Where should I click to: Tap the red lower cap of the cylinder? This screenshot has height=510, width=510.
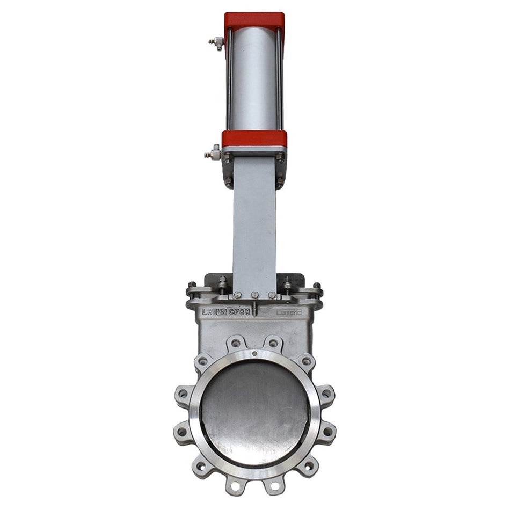[254, 139]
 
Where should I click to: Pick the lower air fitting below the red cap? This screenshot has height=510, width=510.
[213, 154]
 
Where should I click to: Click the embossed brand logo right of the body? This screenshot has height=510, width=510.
[288, 311]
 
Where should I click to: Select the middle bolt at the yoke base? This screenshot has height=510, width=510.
[254, 295]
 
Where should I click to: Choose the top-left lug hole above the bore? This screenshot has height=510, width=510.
[235, 343]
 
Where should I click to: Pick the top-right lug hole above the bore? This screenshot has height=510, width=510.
[274, 343]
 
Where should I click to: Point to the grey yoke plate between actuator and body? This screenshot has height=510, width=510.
[254, 225]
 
